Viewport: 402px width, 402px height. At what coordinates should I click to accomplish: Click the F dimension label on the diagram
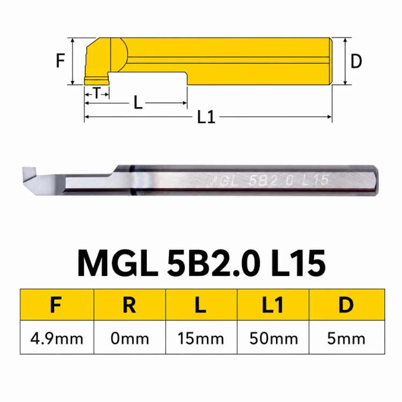60,61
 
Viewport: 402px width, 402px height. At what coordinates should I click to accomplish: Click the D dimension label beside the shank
356,61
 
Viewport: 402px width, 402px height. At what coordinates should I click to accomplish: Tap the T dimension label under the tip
96,93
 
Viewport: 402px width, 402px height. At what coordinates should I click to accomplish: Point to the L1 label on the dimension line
206,117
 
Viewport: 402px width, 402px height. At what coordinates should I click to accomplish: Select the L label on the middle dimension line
138,103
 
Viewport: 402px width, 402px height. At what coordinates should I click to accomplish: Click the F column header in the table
56,304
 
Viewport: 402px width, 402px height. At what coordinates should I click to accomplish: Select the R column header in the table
129,304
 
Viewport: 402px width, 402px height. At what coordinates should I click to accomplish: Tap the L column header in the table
200,304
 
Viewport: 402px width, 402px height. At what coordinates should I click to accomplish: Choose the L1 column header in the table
272,304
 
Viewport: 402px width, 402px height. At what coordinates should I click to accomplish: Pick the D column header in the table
346,304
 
